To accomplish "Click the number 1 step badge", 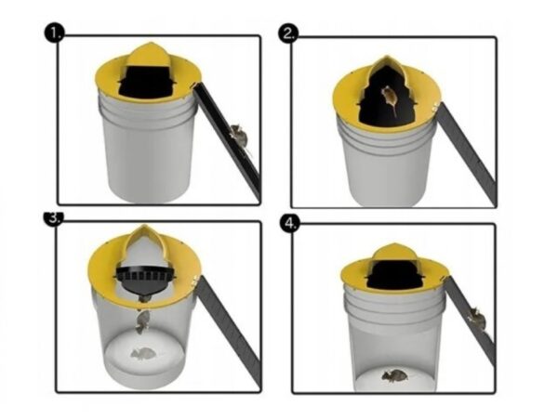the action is point(54,33).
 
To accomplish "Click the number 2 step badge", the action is point(288,34).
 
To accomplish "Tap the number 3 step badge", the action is point(53,218).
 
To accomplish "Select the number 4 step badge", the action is point(290,224).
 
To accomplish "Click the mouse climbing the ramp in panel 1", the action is point(239,137).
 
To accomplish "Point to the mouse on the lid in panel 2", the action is point(389,98).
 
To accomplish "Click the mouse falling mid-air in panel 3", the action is point(142,321).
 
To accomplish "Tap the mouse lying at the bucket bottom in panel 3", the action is point(142,353).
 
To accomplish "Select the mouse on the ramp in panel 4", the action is point(477,319).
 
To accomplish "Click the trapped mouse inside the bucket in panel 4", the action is point(395,375).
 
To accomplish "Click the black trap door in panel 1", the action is point(147,82).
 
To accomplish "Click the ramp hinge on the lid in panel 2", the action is point(434,106).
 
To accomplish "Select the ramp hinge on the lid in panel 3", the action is point(194,280).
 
